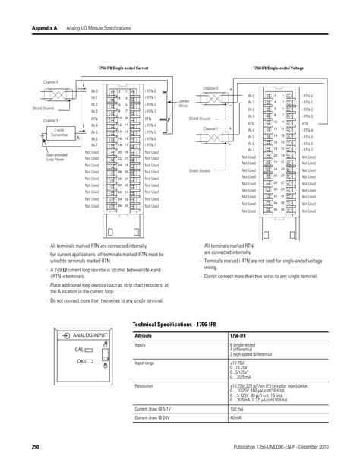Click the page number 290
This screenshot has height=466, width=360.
[35, 446]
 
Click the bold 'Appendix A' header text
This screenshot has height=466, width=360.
[45, 27]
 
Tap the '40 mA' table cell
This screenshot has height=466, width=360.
[235, 417]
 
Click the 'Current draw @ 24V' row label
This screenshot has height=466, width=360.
[151, 417]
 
